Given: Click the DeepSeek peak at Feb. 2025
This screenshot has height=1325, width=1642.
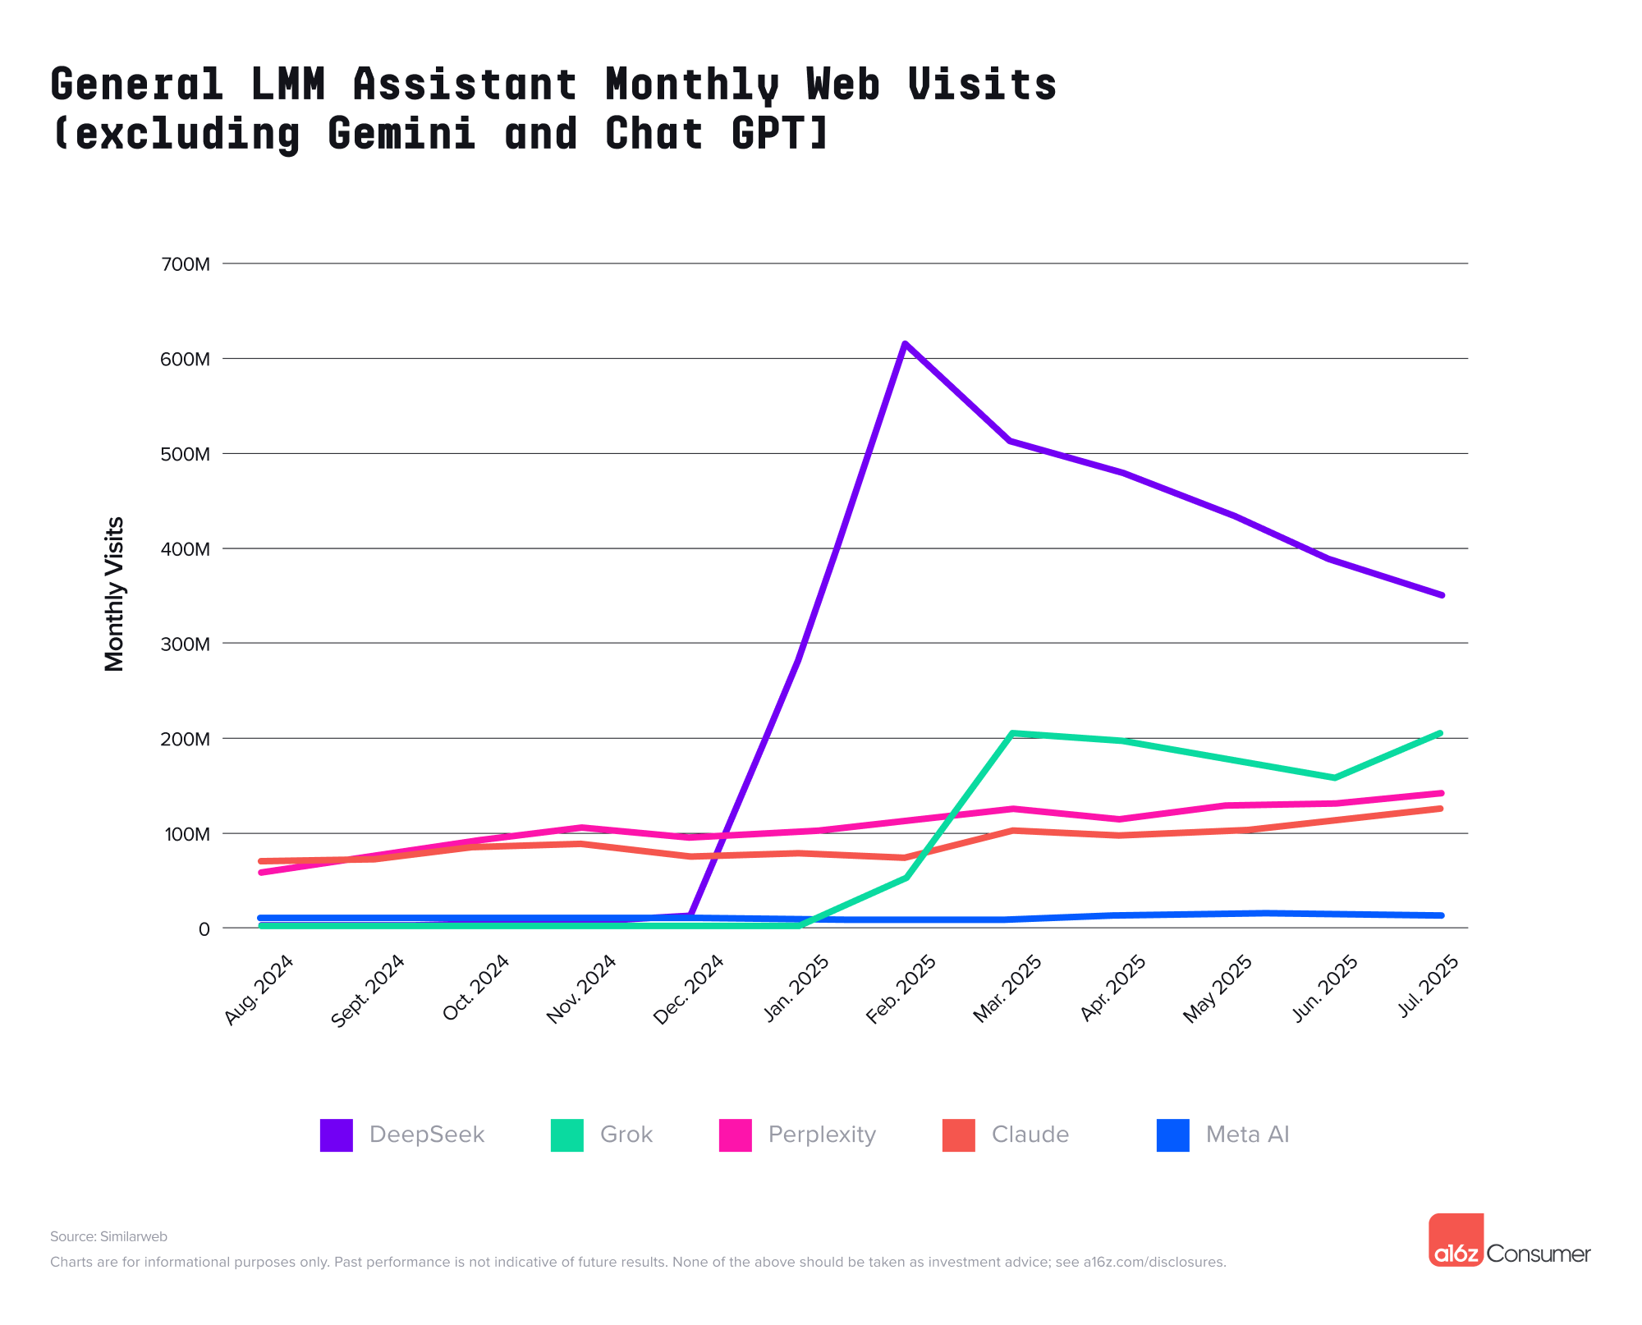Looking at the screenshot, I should [x=904, y=343].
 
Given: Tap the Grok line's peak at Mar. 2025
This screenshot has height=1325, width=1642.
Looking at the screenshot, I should [x=1011, y=733].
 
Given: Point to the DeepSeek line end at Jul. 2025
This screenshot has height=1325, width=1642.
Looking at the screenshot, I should [x=1441, y=595].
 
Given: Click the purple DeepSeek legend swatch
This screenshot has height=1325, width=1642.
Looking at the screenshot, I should [x=336, y=1135].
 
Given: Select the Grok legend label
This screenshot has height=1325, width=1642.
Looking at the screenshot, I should [x=626, y=1135].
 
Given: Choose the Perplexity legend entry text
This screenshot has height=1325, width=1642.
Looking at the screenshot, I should [x=822, y=1135].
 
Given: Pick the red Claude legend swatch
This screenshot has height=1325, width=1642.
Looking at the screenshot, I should [x=958, y=1135].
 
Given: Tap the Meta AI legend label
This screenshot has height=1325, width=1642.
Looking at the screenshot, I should [x=1246, y=1135].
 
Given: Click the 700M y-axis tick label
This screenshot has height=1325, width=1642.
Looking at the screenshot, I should [x=187, y=264].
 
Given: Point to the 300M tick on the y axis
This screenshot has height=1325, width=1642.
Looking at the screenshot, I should [x=187, y=644].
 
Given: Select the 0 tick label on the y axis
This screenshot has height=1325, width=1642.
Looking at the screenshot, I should [x=204, y=928].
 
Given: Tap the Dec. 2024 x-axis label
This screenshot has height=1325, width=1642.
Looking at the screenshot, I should [x=688, y=989].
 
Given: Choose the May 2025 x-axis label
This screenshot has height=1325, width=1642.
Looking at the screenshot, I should [x=1218, y=989].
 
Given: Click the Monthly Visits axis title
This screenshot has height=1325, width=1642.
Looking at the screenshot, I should [x=115, y=594].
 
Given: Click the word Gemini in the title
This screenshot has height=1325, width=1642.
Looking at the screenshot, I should [x=401, y=133].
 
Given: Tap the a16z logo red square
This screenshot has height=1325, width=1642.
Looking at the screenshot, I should [x=1456, y=1239].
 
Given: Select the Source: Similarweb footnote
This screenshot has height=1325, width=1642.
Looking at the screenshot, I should [x=108, y=1236].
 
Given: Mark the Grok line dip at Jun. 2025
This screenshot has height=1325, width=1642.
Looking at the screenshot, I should [x=1333, y=777].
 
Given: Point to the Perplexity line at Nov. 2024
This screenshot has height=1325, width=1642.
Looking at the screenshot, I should [x=581, y=828].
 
